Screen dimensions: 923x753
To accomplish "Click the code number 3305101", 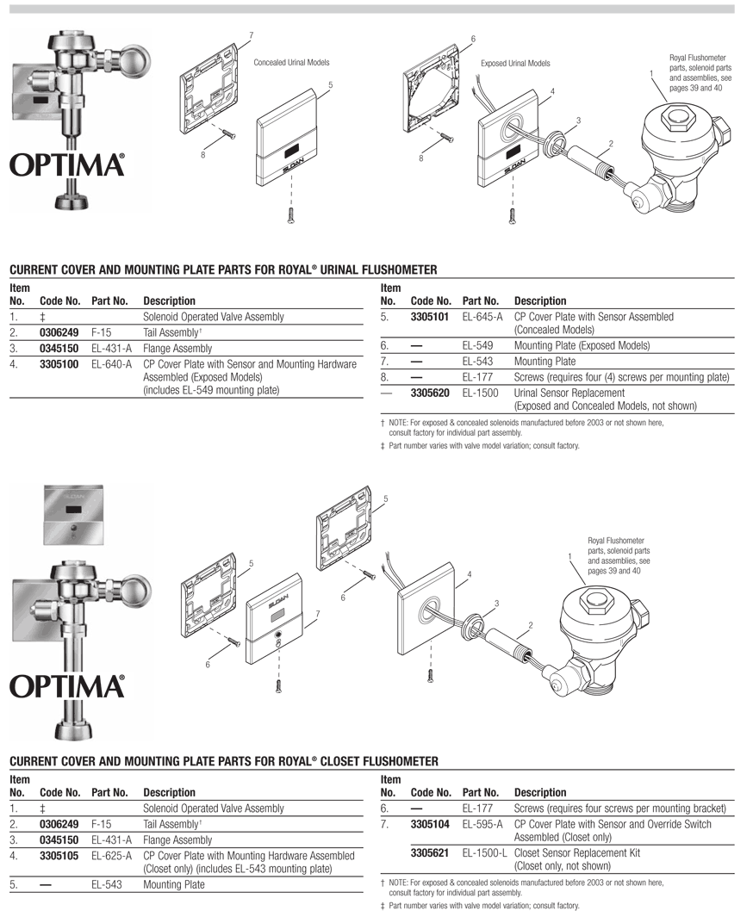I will click(430, 317).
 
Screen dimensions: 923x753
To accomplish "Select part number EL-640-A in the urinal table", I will click(111, 364).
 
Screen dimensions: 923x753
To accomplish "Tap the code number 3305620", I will click(430, 393).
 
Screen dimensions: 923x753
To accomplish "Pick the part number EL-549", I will click(478, 346).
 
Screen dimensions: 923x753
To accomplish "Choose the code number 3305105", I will click(59, 856).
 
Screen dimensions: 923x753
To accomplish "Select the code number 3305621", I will click(430, 853).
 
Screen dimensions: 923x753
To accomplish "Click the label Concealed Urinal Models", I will click(291, 63).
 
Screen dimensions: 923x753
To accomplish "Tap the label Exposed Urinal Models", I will click(515, 64).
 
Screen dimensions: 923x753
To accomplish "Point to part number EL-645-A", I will click(482, 317).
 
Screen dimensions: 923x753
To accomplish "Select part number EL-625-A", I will click(111, 856).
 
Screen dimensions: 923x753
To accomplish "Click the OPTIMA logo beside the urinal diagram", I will click(67, 165).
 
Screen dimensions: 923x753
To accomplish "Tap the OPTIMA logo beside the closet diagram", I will click(67, 686).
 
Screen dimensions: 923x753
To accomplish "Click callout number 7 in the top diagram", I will click(251, 35).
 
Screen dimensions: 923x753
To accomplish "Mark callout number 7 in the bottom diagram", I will click(318, 613).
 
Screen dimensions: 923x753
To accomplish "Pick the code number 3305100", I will click(59, 364).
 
